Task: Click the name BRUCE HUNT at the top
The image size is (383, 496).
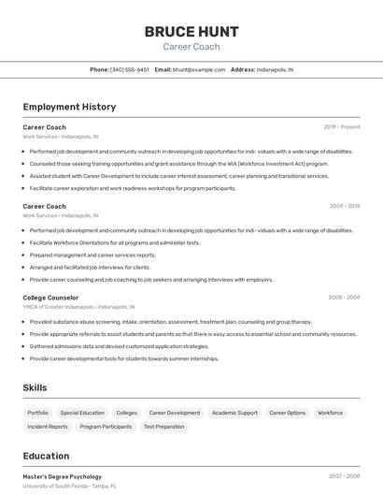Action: (x=191, y=32)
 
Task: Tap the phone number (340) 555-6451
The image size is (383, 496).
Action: (x=130, y=69)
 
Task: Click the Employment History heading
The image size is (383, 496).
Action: (x=69, y=107)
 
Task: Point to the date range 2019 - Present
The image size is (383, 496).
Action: (x=342, y=126)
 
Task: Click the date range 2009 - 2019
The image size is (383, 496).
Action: (x=345, y=206)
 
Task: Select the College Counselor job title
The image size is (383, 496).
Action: (x=50, y=298)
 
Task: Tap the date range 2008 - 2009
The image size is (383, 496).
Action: (x=344, y=298)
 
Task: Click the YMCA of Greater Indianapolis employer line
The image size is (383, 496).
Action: (x=78, y=307)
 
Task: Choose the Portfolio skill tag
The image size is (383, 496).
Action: (x=38, y=413)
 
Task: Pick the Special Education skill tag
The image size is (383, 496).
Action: (x=82, y=413)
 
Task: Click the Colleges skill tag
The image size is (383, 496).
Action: (x=127, y=413)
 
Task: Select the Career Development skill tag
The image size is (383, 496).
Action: (x=175, y=413)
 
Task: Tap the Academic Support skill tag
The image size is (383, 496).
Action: (x=234, y=413)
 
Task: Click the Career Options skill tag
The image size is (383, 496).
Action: (x=288, y=413)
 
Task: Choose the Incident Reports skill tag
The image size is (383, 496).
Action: (x=48, y=427)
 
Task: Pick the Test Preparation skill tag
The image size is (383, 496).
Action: (x=163, y=427)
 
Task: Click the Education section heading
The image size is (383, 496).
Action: (x=46, y=456)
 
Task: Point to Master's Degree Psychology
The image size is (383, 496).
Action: (x=63, y=476)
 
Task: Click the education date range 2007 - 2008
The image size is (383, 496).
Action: (x=344, y=476)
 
